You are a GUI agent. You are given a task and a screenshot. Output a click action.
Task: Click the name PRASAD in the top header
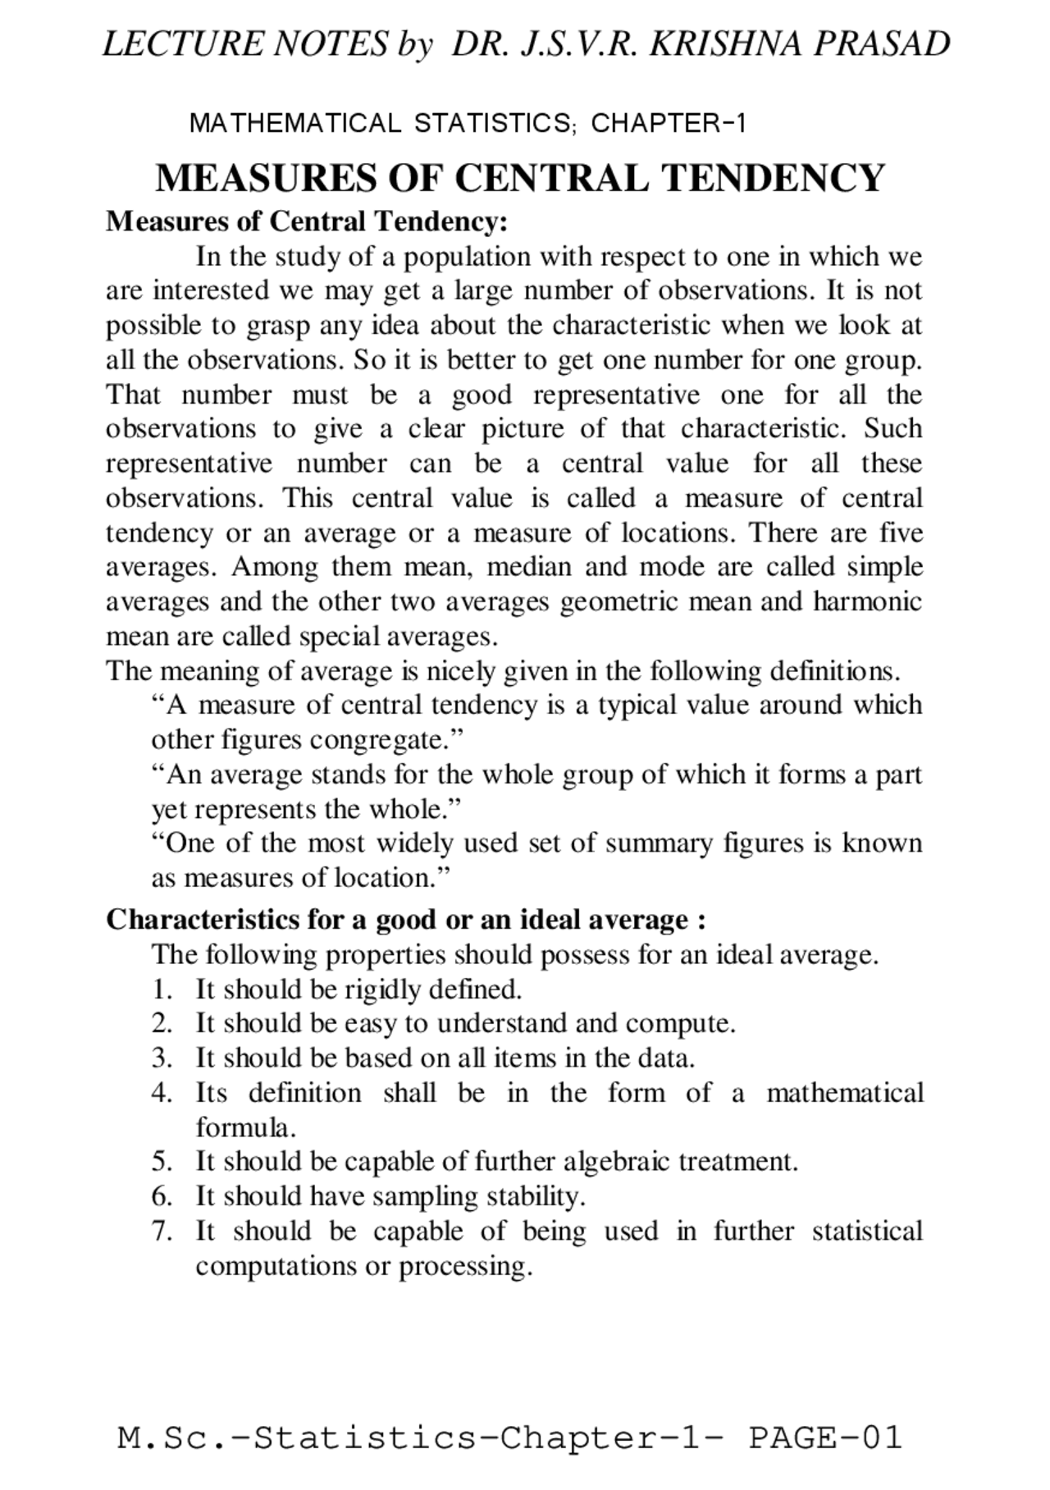882,43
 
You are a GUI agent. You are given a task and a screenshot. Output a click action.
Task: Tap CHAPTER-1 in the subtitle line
668,124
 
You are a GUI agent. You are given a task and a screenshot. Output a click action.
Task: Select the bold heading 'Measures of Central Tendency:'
307,222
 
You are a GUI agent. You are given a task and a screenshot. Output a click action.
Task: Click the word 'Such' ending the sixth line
892,429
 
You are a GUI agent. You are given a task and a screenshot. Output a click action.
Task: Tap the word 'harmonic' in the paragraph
867,601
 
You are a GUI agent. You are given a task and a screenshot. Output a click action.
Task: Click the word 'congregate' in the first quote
378,740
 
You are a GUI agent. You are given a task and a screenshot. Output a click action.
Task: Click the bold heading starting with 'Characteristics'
405,919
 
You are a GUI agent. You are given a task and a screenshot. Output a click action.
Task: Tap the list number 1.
161,990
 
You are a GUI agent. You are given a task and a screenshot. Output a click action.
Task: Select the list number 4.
161,1093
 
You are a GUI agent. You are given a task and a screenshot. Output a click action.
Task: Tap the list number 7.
161,1231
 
